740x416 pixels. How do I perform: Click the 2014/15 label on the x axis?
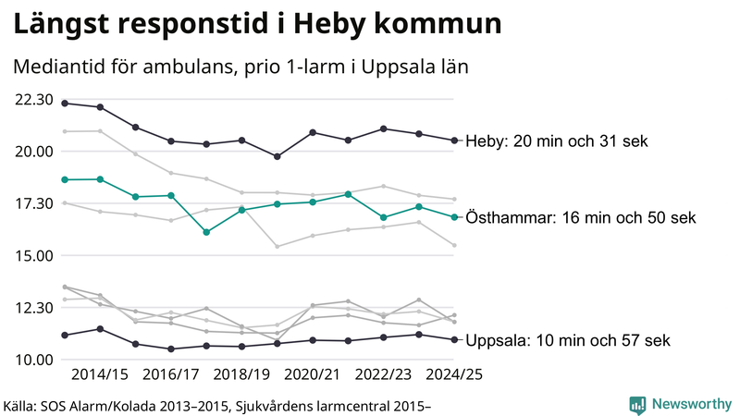click(x=99, y=374)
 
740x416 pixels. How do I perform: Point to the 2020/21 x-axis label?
click(x=312, y=374)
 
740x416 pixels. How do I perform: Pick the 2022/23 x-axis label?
click(x=382, y=374)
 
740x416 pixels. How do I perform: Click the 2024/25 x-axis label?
click(x=452, y=374)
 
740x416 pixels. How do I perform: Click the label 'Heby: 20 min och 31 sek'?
click(x=556, y=141)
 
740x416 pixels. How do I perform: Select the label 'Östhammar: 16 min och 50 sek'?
click(x=580, y=218)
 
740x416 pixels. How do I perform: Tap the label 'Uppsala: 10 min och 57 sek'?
click(x=567, y=340)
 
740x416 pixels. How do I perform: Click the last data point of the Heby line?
click(x=454, y=141)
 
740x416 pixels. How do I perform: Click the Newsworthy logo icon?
click(x=637, y=404)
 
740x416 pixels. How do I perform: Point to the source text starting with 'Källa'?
click(x=218, y=405)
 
